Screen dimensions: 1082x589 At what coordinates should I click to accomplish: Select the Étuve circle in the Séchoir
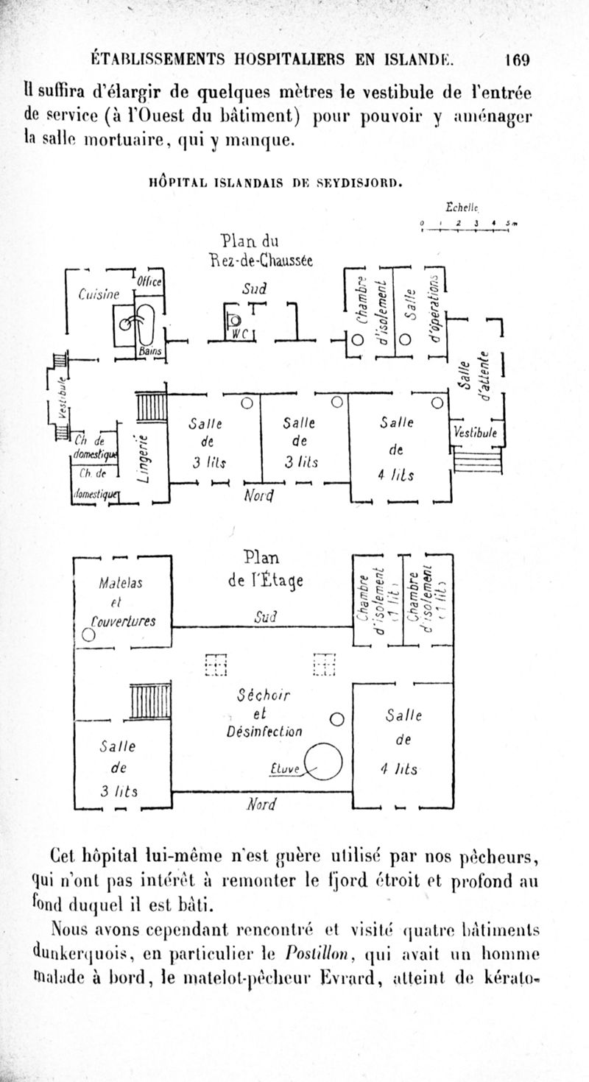325,760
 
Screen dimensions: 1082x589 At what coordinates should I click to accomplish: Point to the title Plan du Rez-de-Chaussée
249,250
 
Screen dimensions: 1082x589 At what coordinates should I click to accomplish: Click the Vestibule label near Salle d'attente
476,433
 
